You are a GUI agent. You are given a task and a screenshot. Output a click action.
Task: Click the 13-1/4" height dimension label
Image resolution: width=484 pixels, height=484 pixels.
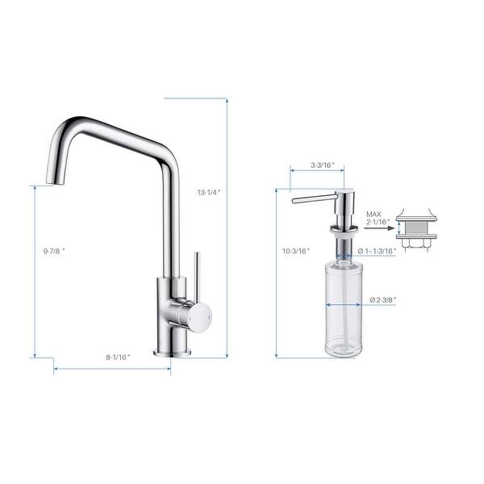(x=208, y=193)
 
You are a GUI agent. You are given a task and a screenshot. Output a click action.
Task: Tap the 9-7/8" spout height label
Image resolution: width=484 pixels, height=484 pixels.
(x=54, y=252)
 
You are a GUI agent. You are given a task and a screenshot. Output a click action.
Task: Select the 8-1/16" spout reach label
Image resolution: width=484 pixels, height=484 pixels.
(x=118, y=357)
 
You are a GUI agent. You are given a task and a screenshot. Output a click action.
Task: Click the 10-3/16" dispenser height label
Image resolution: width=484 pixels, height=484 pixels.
(x=296, y=251)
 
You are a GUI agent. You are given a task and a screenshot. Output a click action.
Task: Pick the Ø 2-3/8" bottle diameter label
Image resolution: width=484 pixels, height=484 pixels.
(x=382, y=300)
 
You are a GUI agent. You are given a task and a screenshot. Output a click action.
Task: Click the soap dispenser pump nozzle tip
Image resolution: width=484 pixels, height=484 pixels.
(x=295, y=198)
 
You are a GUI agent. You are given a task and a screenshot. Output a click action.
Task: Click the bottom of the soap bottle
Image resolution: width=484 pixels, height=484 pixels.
(x=344, y=353)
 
